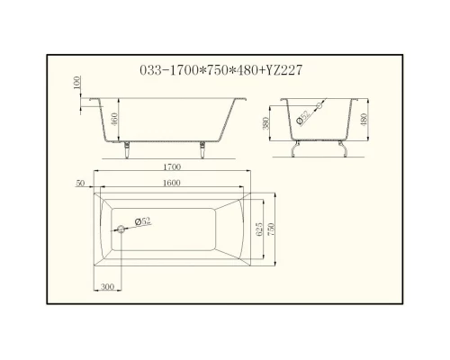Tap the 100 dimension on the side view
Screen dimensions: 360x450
coord(78,83)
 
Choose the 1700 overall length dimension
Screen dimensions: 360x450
coord(173,167)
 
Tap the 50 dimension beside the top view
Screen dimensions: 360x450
coord(81,183)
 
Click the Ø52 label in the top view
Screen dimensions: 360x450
coord(142,220)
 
